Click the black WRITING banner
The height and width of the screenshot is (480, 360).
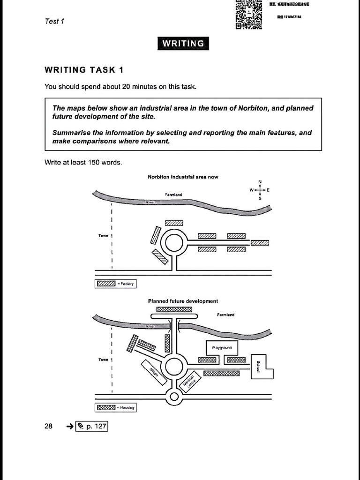tap(183, 44)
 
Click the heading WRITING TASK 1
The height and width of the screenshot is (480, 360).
tap(84, 70)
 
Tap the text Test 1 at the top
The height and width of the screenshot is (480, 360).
tap(55, 21)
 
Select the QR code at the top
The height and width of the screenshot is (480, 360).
tap(249, 14)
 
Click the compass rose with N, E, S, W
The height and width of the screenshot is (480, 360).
tap(260, 190)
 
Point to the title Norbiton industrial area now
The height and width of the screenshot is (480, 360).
tap(183, 177)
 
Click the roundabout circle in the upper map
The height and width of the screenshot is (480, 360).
tap(174, 243)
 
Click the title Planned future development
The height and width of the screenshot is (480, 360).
tap(183, 301)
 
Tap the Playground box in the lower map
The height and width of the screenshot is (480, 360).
tap(222, 348)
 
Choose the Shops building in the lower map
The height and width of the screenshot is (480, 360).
tap(154, 372)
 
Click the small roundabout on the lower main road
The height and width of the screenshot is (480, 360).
tap(174, 397)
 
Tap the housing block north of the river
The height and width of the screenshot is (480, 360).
tap(174, 309)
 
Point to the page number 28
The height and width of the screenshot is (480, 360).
tap(49, 427)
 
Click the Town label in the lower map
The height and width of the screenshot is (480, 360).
tap(103, 360)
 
